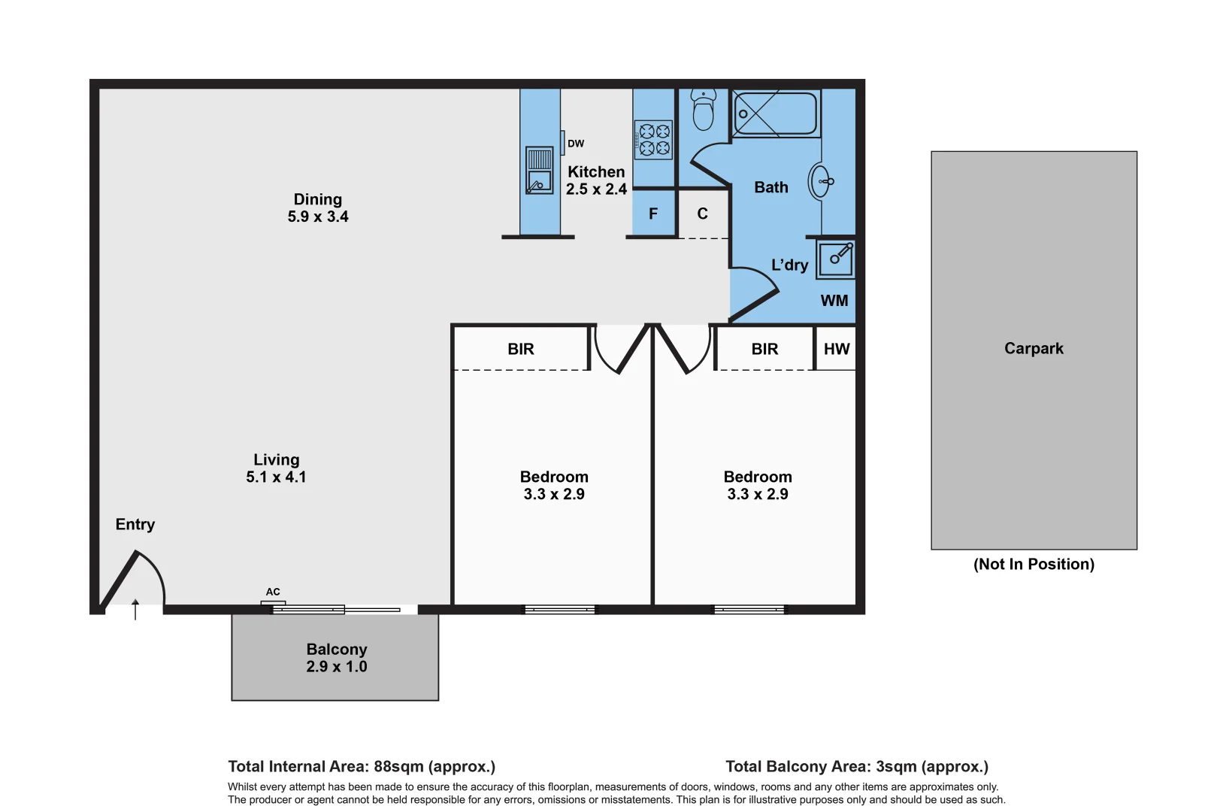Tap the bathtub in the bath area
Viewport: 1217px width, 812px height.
click(775, 114)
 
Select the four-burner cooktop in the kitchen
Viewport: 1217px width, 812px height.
click(653, 140)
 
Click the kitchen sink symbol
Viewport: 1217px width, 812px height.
click(539, 171)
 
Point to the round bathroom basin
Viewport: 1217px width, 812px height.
click(821, 181)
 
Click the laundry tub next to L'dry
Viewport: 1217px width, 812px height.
click(836, 259)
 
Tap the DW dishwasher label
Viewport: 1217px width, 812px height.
click(576, 144)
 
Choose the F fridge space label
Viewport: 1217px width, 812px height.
click(653, 214)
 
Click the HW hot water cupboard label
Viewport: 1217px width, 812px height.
click(836, 349)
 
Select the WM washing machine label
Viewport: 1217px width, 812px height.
click(834, 301)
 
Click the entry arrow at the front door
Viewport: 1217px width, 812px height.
click(135, 609)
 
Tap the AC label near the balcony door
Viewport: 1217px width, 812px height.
click(273, 592)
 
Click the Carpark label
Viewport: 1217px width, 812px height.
click(1034, 348)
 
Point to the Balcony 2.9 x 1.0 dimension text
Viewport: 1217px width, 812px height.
click(337, 667)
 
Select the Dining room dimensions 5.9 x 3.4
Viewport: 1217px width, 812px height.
click(318, 217)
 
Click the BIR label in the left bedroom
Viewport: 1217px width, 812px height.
click(520, 349)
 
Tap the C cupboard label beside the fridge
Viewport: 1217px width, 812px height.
click(702, 214)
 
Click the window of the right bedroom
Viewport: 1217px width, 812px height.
click(749, 610)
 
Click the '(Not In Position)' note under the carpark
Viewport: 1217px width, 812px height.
click(1034, 564)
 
